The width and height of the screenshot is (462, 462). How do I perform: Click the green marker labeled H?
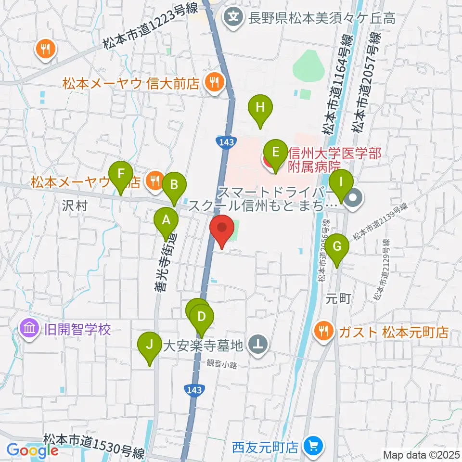point(260,107)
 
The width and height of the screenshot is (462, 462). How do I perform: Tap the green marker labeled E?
point(275,153)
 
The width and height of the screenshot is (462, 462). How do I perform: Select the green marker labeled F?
point(121,173)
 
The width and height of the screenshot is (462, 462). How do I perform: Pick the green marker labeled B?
point(174,184)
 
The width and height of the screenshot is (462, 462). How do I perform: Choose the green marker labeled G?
point(337,247)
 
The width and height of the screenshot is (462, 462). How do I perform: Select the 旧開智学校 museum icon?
point(29,330)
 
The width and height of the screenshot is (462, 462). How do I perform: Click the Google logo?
point(32,450)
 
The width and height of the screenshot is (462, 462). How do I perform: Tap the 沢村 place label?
point(74,206)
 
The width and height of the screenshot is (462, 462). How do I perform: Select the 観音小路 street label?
point(222,365)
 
